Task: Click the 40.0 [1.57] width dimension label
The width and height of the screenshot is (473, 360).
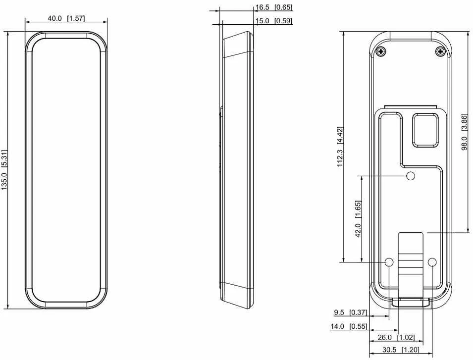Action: pos(66,18)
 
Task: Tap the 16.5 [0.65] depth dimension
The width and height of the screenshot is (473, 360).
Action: pos(274,7)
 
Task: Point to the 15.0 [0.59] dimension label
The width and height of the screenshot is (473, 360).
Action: pos(274,21)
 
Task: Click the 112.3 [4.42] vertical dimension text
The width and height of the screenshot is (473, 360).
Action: pos(340,147)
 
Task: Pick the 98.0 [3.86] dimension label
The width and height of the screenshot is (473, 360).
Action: pos(464,132)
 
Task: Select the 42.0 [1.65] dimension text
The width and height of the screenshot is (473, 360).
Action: pos(358,219)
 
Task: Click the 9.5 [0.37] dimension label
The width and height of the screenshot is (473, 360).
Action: pos(351,312)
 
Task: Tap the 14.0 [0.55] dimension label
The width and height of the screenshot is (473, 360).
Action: pos(349,326)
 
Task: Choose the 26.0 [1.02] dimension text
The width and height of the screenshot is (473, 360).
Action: pos(396,337)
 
